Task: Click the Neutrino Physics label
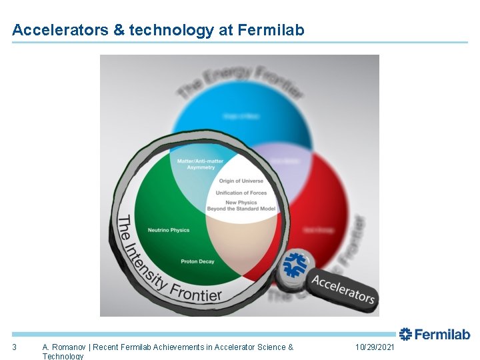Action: tap(169, 230)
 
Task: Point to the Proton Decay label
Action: tap(197, 261)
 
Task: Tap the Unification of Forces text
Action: tap(241, 193)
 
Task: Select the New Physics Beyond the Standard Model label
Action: tap(241, 205)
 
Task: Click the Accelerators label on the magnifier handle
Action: tap(343, 287)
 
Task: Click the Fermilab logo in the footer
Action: tap(435, 335)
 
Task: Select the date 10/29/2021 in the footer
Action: tap(375, 347)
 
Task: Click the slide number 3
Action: tap(14, 347)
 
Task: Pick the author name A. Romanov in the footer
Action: tap(65, 347)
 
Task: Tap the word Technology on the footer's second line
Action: tap(63, 356)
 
